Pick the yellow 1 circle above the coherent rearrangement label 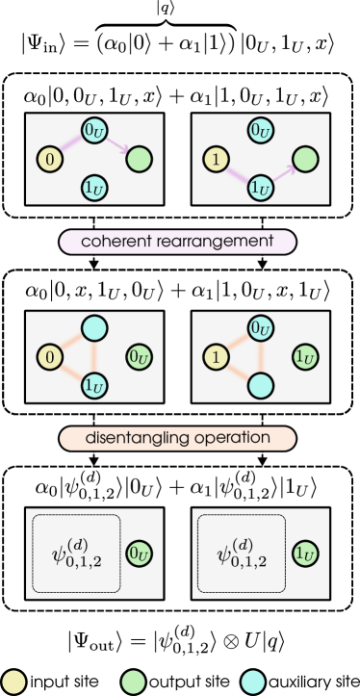(x=218, y=157)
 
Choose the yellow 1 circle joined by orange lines (x=218, y=358)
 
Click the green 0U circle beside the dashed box (x=140, y=553)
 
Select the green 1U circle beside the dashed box (x=306, y=553)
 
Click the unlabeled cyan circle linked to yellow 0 (x=94, y=328)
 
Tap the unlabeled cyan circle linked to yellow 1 (x=261, y=386)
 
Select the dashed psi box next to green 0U (x=76, y=554)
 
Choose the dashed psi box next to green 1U (x=243, y=554)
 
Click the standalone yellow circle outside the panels (x=13, y=682)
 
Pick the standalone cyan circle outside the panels (x=253, y=682)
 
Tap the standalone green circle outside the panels (x=134, y=682)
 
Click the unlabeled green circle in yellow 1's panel (x=306, y=157)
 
